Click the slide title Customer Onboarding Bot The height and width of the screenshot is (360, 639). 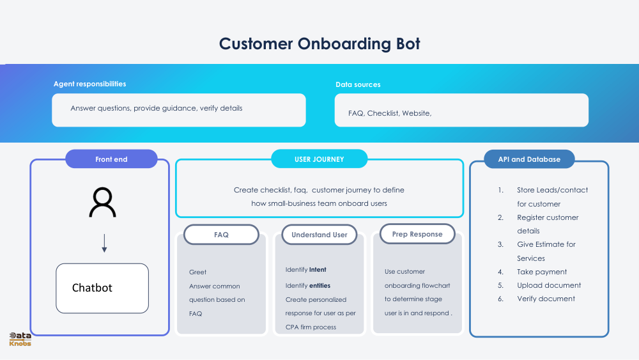[319, 44]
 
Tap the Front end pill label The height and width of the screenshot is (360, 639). [111, 159]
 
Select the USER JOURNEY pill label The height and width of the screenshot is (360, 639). [319, 159]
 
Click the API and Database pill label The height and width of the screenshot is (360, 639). [529, 159]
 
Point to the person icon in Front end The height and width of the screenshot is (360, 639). [102, 203]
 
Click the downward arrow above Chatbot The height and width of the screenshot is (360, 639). [104, 243]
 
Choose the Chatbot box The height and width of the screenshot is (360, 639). [102, 288]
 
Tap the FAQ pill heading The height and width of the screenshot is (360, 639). [221, 235]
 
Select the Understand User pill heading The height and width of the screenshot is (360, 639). [319, 235]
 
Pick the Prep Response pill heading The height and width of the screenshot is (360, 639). [417, 234]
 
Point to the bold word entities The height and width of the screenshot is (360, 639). [319, 285]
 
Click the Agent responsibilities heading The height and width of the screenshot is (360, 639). [89, 84]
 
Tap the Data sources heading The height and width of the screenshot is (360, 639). [358, 84]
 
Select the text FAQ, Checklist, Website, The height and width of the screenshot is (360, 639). [390, 113]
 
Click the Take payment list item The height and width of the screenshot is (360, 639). [542, 272]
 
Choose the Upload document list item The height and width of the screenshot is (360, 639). [549, 285]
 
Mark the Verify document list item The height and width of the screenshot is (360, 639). [546, 299]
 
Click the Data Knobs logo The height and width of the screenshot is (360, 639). [20, 340]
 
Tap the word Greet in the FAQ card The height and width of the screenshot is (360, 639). [197, 272]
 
